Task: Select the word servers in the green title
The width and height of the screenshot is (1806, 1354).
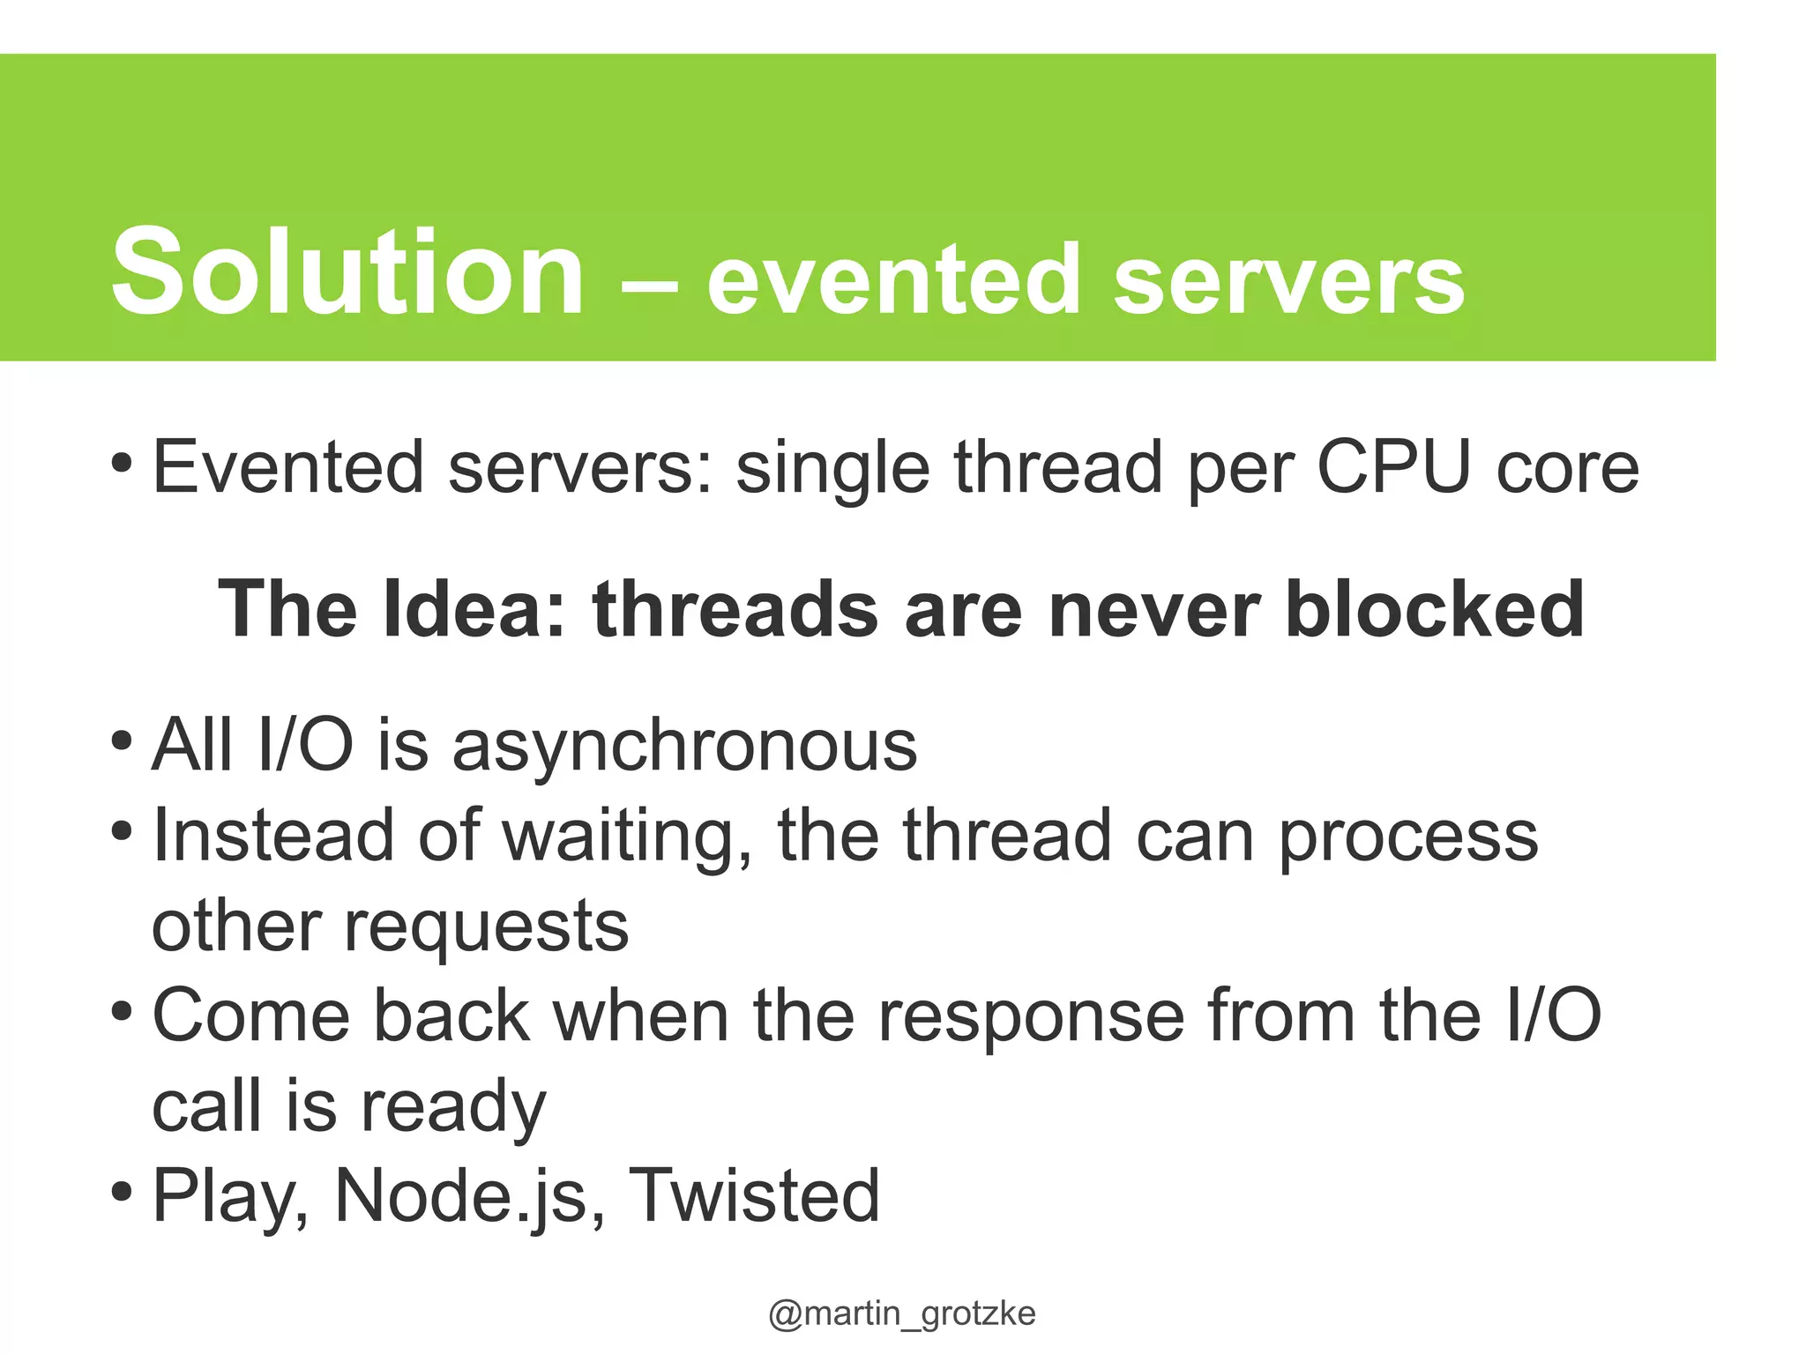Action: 1288,280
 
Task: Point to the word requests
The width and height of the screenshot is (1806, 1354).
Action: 486,928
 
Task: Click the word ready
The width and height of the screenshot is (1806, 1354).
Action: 453,1109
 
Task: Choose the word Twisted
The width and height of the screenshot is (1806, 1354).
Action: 754,1196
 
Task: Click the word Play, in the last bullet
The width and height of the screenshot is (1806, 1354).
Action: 231,1199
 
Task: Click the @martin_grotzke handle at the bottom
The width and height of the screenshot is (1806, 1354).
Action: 901,1313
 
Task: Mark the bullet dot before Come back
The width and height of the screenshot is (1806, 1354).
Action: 123,1010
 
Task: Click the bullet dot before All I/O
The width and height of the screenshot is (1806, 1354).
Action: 123,739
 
